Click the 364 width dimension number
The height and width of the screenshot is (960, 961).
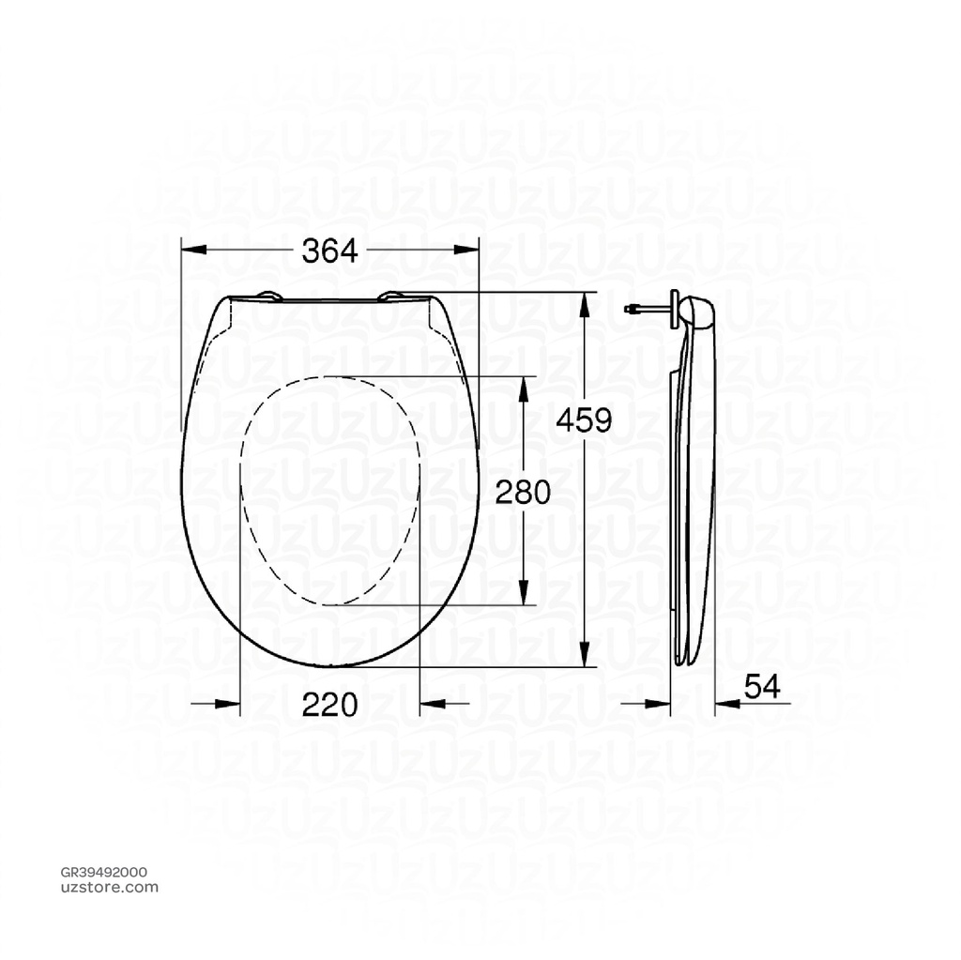pyautogui.click(x=329, y=251)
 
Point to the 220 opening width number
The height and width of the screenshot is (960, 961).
pyautogui.click(x=329, y=704)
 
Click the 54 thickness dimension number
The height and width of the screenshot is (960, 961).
pyautogui.click(x=762, y=687)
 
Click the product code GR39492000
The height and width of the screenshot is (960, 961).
pyautogui.click(x=103, y=872)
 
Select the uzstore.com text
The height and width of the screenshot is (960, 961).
pyautogui.click(x=103, y=888)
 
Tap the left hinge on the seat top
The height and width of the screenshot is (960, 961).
pyautogui.click(x=268, y=297)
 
